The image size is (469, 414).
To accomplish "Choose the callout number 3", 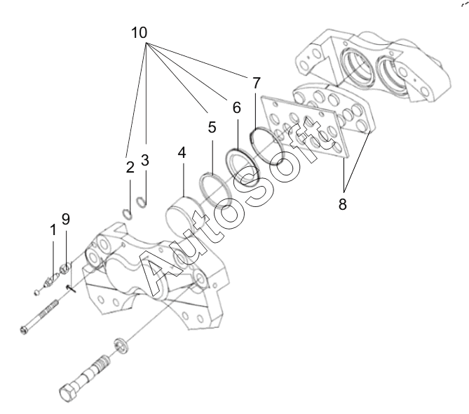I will tap(144, 161).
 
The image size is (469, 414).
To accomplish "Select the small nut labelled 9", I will tap(64, 267).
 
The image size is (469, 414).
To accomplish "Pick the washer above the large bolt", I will tap(120, 345).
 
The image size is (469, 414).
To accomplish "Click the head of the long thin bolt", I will tap(28, 329).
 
